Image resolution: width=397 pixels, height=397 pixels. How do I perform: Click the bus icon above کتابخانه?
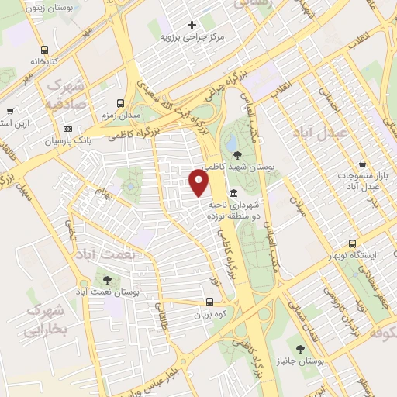(44, 47)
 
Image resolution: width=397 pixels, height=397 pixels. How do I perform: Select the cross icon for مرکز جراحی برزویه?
(192, 24)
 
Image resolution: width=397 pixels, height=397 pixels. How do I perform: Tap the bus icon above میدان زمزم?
(120, 102)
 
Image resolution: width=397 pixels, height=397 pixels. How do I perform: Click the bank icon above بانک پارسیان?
(67, 129)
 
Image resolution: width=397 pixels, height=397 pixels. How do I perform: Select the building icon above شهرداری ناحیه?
(233, 192)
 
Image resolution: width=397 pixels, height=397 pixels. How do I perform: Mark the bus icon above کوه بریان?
(209, 303)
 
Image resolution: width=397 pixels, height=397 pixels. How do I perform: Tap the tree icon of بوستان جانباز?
(299, 350)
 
